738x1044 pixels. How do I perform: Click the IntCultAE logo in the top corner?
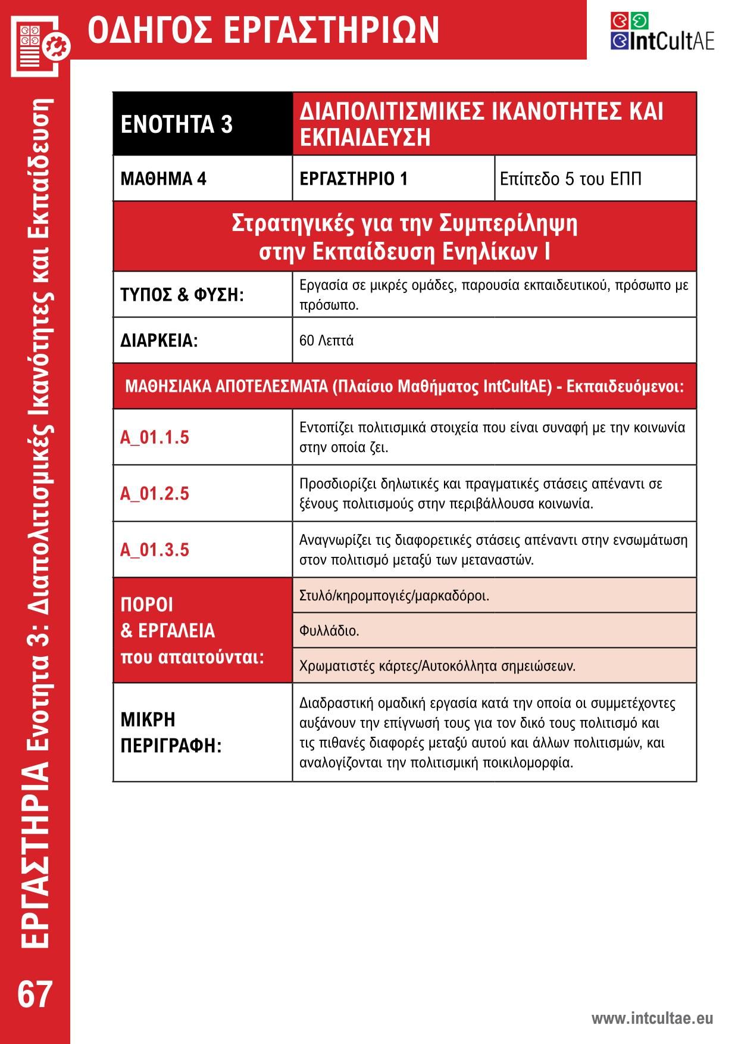point(662,32)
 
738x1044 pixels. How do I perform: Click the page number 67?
point(35,994)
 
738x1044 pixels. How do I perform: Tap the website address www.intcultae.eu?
point(652,1018)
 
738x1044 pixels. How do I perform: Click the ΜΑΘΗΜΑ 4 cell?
point(163,179)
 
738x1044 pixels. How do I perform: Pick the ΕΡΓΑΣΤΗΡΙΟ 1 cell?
point(354,179)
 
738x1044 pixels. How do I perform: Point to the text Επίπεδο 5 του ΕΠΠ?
point(570,179)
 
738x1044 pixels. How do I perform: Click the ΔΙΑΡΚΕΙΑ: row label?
point(159,341)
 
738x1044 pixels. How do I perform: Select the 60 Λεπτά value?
point(326,341)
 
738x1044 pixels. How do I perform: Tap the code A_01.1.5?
point(155,437)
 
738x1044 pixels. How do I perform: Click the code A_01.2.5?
point(155,493)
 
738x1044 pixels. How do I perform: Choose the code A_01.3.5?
point(155,549)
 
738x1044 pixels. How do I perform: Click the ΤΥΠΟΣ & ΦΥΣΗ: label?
point(182,294)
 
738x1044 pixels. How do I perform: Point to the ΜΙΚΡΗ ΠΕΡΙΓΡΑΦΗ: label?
point(171,732)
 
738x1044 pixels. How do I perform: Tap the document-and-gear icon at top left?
point(39,44)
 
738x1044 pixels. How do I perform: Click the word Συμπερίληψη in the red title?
point(508,223)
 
